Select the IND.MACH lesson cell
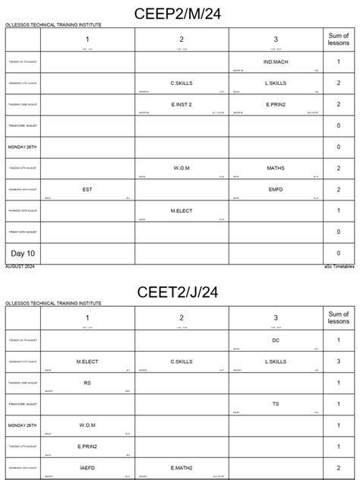[x=275, y=61]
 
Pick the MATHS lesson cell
[x=275, y=167]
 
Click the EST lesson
[x=87, y=188]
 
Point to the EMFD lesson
[x=275, y=188]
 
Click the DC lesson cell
[x=275, y=339]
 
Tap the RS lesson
[x=87, y=383]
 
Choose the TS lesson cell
[x=275, y=404]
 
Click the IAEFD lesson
[x=87, y=468]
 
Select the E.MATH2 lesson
[x=182, y=468]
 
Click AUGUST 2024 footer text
[x=20, y=267]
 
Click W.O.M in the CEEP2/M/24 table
[x=182, y=167]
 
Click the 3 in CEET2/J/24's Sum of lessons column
[x=337, y=362]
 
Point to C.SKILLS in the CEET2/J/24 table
[x=182, y=362]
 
